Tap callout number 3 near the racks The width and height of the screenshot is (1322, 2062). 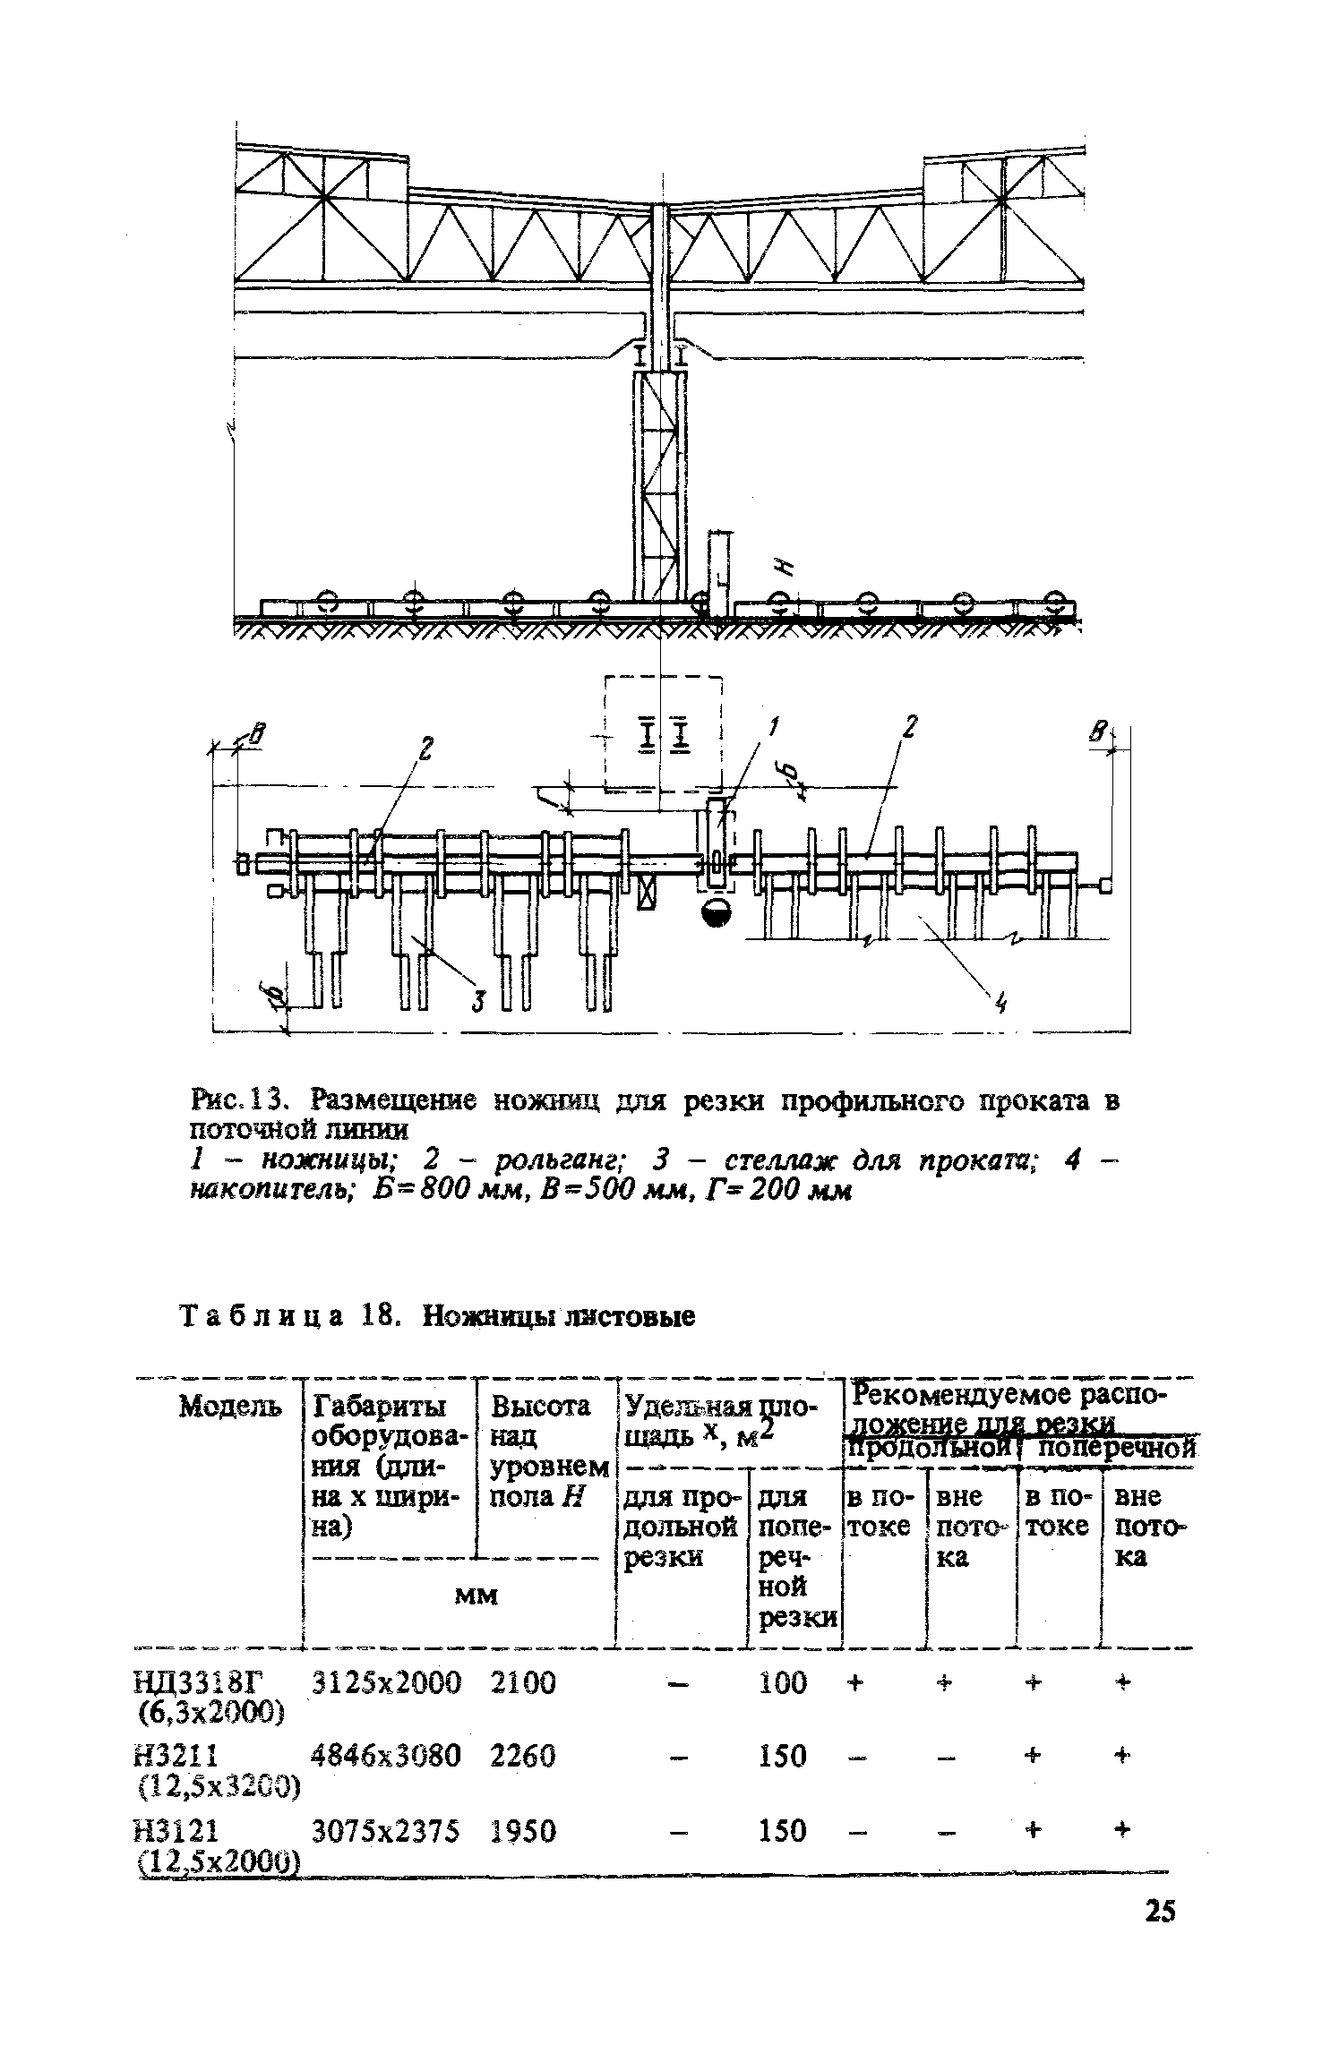(478, 1001)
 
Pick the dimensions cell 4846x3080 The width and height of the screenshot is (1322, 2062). (386, 1757)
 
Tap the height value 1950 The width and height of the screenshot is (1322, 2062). (524, 1831)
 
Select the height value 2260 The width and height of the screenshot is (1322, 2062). (524, 1757)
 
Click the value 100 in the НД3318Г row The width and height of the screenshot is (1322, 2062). (783, 1683)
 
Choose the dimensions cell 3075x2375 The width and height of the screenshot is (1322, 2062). (386, 1831)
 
